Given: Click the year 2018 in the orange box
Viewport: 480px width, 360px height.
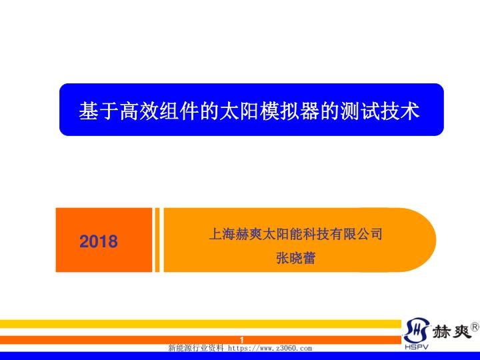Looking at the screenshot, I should click(x=99, y=241).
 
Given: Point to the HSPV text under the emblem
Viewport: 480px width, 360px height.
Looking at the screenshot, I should click(x=415, y=347).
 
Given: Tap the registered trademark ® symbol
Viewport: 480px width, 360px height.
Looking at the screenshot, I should click(x=474, y=327).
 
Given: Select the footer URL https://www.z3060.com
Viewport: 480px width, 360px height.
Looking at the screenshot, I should click(x=270, y=348).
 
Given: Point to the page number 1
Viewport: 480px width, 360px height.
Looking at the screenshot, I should click(x=242, y=340).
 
